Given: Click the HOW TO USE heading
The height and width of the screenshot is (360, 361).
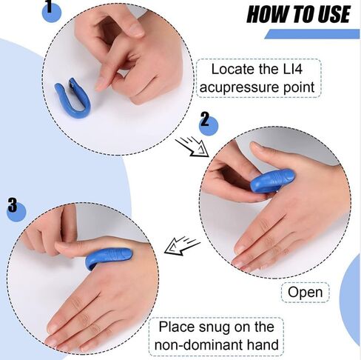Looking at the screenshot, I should (x=297, y=13).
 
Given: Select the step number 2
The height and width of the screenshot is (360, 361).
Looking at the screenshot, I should (x=205, y=121).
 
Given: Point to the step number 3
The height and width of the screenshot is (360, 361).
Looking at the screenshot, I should (x=12, y=205).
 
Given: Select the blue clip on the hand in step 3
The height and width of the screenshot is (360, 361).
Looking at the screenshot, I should (x=109, y=257).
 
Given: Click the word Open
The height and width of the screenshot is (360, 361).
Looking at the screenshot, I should (x=305, y=292).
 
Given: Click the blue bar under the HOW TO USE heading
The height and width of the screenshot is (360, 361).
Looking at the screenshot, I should (x=311, y=34).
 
